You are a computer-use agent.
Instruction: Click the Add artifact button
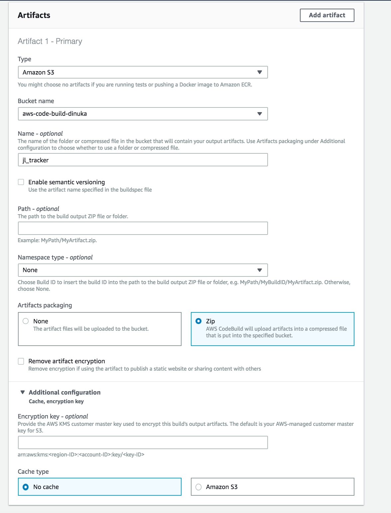click(327, 15)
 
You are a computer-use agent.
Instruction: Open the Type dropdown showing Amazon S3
click(143, 72)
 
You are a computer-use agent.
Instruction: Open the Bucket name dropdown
click(143, 114)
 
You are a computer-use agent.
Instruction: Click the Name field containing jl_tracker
click(143, 160)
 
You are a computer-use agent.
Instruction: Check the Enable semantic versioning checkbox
click(21, 182)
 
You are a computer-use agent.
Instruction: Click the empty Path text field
click(143, 228)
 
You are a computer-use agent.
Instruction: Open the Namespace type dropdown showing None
click(143, 270)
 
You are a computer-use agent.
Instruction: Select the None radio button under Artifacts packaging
click(26, 321)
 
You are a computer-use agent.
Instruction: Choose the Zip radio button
click(198, 321)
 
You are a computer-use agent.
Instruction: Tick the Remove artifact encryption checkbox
click(21, 361)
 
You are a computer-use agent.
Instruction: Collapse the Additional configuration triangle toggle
click(23, 392)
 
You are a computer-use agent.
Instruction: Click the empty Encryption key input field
click(143, 442)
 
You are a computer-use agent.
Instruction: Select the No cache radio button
click(26, 487)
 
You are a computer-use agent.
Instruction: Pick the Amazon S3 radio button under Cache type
click(198, 487)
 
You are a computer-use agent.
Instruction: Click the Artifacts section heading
click(34, 15)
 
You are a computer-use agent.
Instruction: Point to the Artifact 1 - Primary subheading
click(50, 41)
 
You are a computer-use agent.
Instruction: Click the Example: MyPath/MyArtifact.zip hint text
click(57, 240)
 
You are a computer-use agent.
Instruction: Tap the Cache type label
click(33, 471)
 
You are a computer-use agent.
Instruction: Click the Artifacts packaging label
click(45, 305)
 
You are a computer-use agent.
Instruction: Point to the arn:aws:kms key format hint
click(81, 454)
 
